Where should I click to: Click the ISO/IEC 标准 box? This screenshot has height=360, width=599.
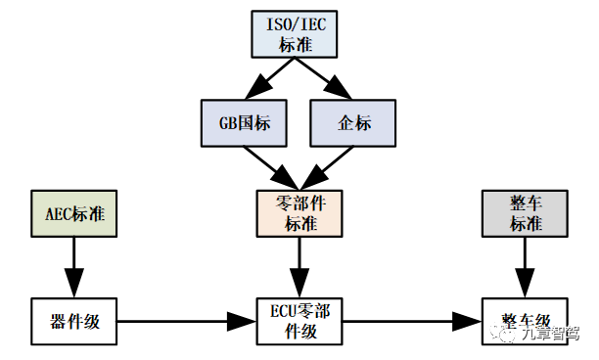pos(295,34)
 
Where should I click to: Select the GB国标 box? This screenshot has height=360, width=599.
pos(244,123)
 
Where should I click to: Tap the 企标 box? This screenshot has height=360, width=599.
pos(353,123)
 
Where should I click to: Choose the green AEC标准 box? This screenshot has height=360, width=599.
pos(74,214)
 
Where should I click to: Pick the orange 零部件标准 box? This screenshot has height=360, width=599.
pos(299,214)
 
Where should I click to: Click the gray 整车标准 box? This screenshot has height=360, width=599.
pos(525,214)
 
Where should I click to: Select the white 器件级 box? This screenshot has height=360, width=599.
pos(74,322)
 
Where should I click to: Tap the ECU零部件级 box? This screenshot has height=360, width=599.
pos(299,322)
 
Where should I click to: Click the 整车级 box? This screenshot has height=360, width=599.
pos(525,322)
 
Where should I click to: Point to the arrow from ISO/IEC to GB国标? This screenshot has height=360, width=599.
pos(270,78)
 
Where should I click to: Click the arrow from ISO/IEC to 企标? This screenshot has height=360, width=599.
pos(323,78)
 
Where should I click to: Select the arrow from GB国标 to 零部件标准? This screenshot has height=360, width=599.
pos(271,168)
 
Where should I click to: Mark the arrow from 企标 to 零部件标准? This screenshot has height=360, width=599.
pos(327,168)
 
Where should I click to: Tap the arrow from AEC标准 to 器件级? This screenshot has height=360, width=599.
pos(74,268)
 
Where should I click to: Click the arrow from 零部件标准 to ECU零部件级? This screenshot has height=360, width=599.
pos(299,268)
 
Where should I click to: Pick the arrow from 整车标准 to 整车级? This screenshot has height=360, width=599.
pos(525,268)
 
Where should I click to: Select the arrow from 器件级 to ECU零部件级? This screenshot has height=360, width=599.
pos(187,322)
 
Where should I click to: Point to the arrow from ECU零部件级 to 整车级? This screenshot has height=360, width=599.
pos(412,322)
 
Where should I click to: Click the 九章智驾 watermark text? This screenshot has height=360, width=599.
pos(549,334)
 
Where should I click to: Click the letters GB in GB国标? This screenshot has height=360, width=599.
pos(227,123)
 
